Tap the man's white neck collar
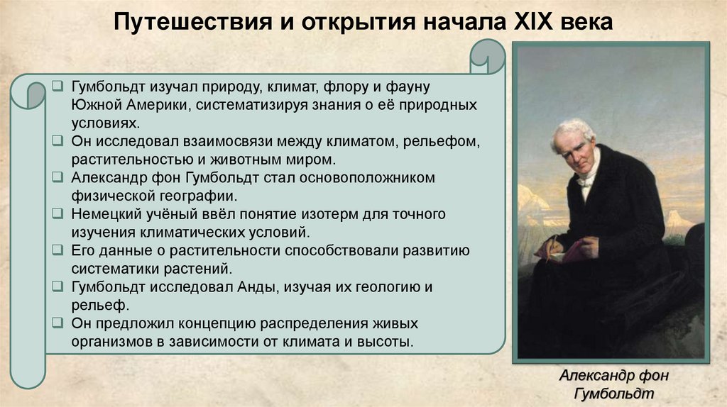587,174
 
